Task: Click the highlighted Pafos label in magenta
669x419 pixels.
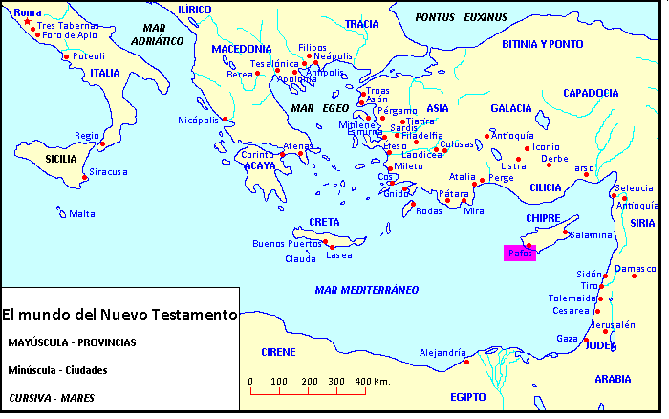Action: click(520, 254)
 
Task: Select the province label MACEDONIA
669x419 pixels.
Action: click(242, 49)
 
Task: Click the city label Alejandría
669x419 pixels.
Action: click(442, 352)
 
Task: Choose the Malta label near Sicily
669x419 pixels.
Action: click(81, 213)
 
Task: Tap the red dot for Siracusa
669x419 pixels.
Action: click(85, 178)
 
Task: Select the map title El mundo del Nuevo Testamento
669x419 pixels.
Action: click(119, 314)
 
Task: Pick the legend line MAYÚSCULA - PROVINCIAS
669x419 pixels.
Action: click(72, 342)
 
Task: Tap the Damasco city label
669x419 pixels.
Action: click(637, 270)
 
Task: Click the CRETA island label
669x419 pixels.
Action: click(324, 222)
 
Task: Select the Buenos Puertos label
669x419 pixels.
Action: click(287, 244)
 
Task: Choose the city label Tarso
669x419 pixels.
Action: click(581, 167)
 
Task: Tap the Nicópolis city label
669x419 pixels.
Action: click(198, 120)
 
